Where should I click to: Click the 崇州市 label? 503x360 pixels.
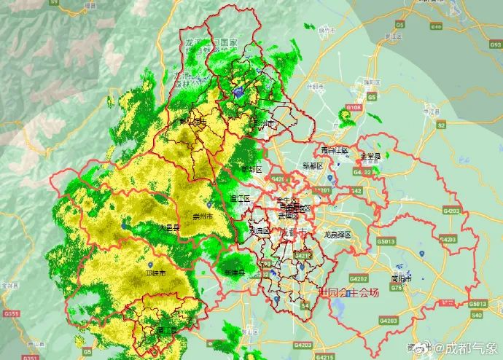[203, 217]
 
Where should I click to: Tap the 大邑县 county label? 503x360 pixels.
[168, 228]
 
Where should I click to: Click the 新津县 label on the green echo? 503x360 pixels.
[234, 273]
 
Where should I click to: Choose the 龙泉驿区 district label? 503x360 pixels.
[337, 235]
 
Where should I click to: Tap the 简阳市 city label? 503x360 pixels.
[400, 278]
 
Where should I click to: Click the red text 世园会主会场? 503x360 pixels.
[349, 293]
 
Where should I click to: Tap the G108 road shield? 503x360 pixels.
[354, 107]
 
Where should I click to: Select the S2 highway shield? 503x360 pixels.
[441, 125]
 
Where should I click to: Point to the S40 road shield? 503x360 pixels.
[477, 315]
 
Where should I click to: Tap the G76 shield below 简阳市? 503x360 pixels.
[397, 288]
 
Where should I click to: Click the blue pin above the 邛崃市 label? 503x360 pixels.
[150, 265]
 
